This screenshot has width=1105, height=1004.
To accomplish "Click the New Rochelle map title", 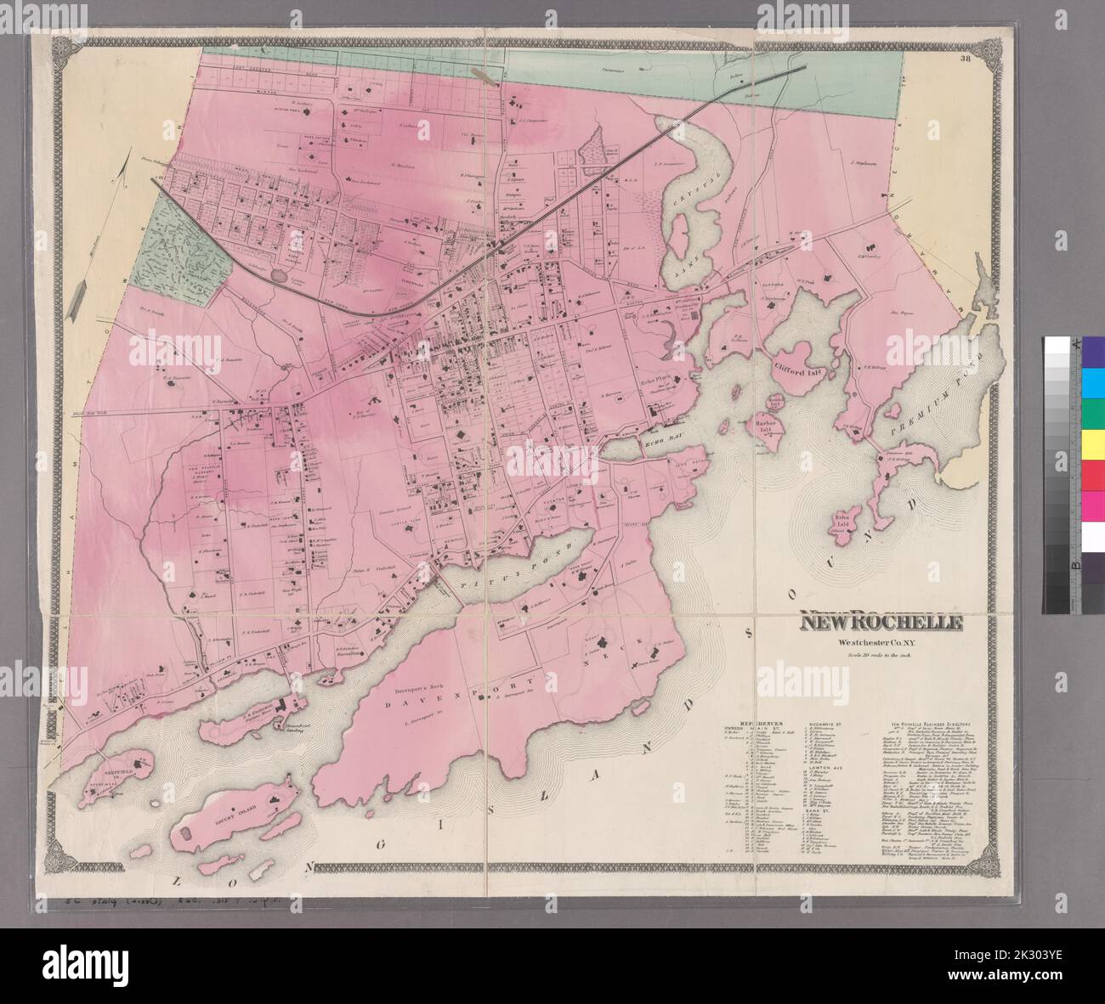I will (x=880, y=622).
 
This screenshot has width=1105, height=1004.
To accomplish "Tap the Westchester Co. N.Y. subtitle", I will (x=879, y=640).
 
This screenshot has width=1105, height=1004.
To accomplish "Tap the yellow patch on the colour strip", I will (x=1090, y=443).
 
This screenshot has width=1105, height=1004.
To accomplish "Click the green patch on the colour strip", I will (x=1090, y=414).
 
